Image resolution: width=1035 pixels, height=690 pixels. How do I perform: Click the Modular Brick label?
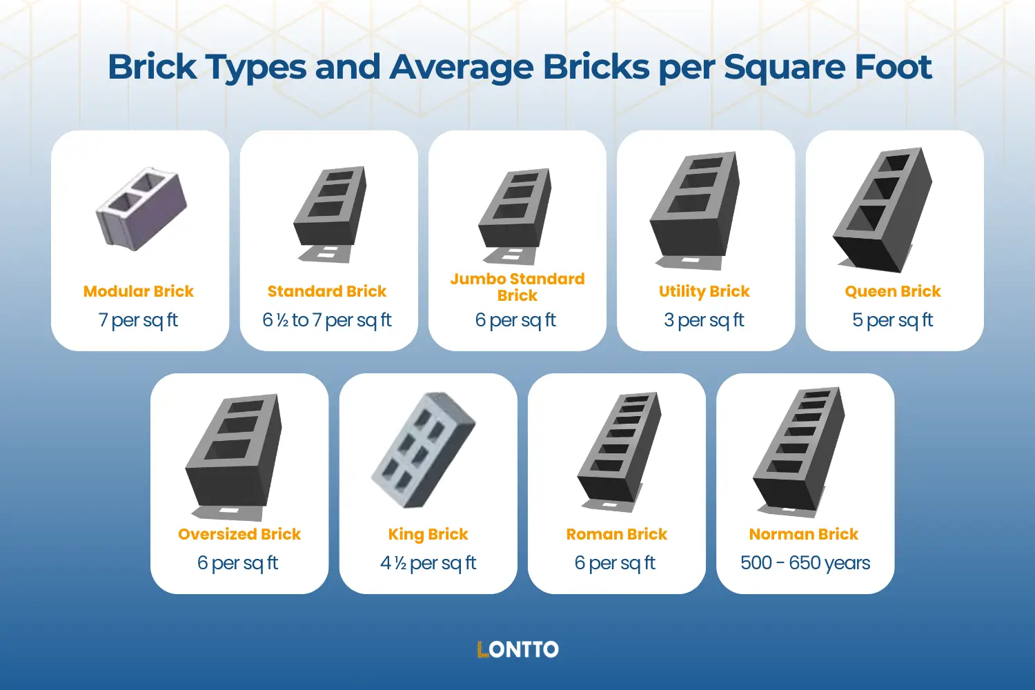139,291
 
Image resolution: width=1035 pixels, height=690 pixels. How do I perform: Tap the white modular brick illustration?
141,207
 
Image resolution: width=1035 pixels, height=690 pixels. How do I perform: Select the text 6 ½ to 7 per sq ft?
327,320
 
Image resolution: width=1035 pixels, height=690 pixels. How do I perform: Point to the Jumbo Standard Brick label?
517,287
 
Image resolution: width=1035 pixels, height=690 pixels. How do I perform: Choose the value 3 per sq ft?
704,320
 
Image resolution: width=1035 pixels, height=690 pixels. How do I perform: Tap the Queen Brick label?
893,291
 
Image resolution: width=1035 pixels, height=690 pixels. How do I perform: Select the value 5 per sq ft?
893,320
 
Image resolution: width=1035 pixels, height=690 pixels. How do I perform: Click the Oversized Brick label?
239,534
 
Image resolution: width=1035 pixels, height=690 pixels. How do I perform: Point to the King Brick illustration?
424,451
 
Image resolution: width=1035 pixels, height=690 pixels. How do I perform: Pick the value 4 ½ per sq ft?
428,563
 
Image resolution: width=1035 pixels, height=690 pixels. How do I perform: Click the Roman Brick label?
617,534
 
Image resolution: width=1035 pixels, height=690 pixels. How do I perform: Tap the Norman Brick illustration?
799,448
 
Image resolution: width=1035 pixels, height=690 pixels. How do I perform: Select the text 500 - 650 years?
805,563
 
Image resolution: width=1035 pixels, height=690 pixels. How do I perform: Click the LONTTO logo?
517,649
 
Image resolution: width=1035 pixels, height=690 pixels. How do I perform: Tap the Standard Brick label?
327,291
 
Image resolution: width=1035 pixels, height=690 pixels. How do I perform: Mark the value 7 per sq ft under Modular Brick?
139,320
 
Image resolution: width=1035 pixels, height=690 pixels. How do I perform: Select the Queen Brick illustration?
883,207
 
